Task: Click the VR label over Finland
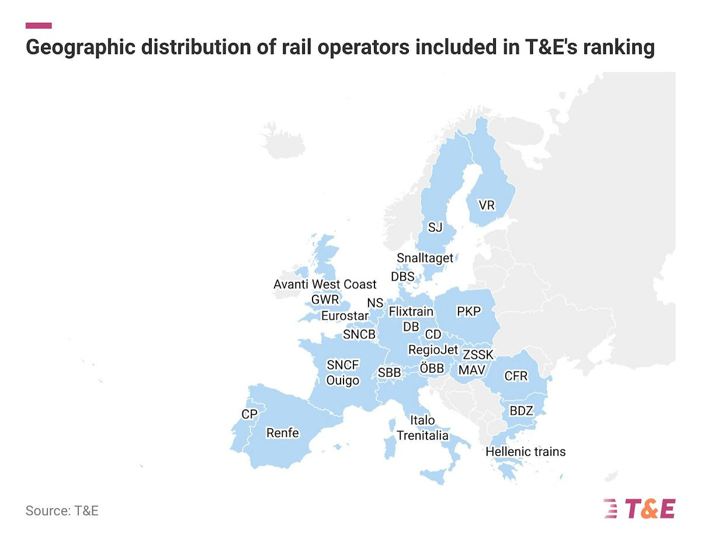(x=486, y=206)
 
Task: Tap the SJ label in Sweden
(x=435, y=227)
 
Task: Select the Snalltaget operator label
(x=425, y=258)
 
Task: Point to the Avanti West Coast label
(x=325, y=285)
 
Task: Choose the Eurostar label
(x=345, y=316)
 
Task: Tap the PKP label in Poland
(x=468, y=311)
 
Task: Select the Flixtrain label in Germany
(x=411, y=311)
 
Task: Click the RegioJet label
(x=433, y=350)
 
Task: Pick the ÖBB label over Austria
(x=432, y=368)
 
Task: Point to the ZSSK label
(x=478, y=355)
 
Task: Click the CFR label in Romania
(x=516, y=376)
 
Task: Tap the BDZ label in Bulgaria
(x=521, y=411)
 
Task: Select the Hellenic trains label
(x=525, y=452)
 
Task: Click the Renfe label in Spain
(x=282, y=433)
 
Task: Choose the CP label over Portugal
(x=249, y=414)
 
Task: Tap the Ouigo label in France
(x=342, y=380)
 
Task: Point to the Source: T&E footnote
(x=62, y=511)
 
